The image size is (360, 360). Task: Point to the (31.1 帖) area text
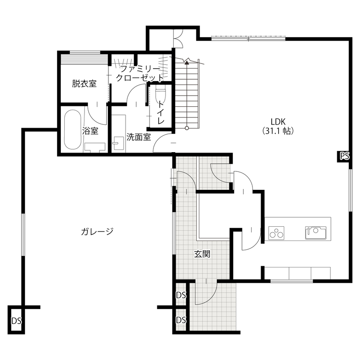pos(278,132)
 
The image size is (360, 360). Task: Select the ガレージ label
pos(97,232)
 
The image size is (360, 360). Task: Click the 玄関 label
pos(202,254)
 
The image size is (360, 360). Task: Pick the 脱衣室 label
pos(84,84)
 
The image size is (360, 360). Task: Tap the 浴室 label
pos(90,131)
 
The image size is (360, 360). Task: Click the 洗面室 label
pos(138,137)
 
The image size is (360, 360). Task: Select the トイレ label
pos(161,112)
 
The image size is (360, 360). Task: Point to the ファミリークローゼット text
pos(140,74)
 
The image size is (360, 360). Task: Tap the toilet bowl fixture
pos(161,91)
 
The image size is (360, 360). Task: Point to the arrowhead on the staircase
pos(187,63)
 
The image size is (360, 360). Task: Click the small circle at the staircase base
pos(187,128)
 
